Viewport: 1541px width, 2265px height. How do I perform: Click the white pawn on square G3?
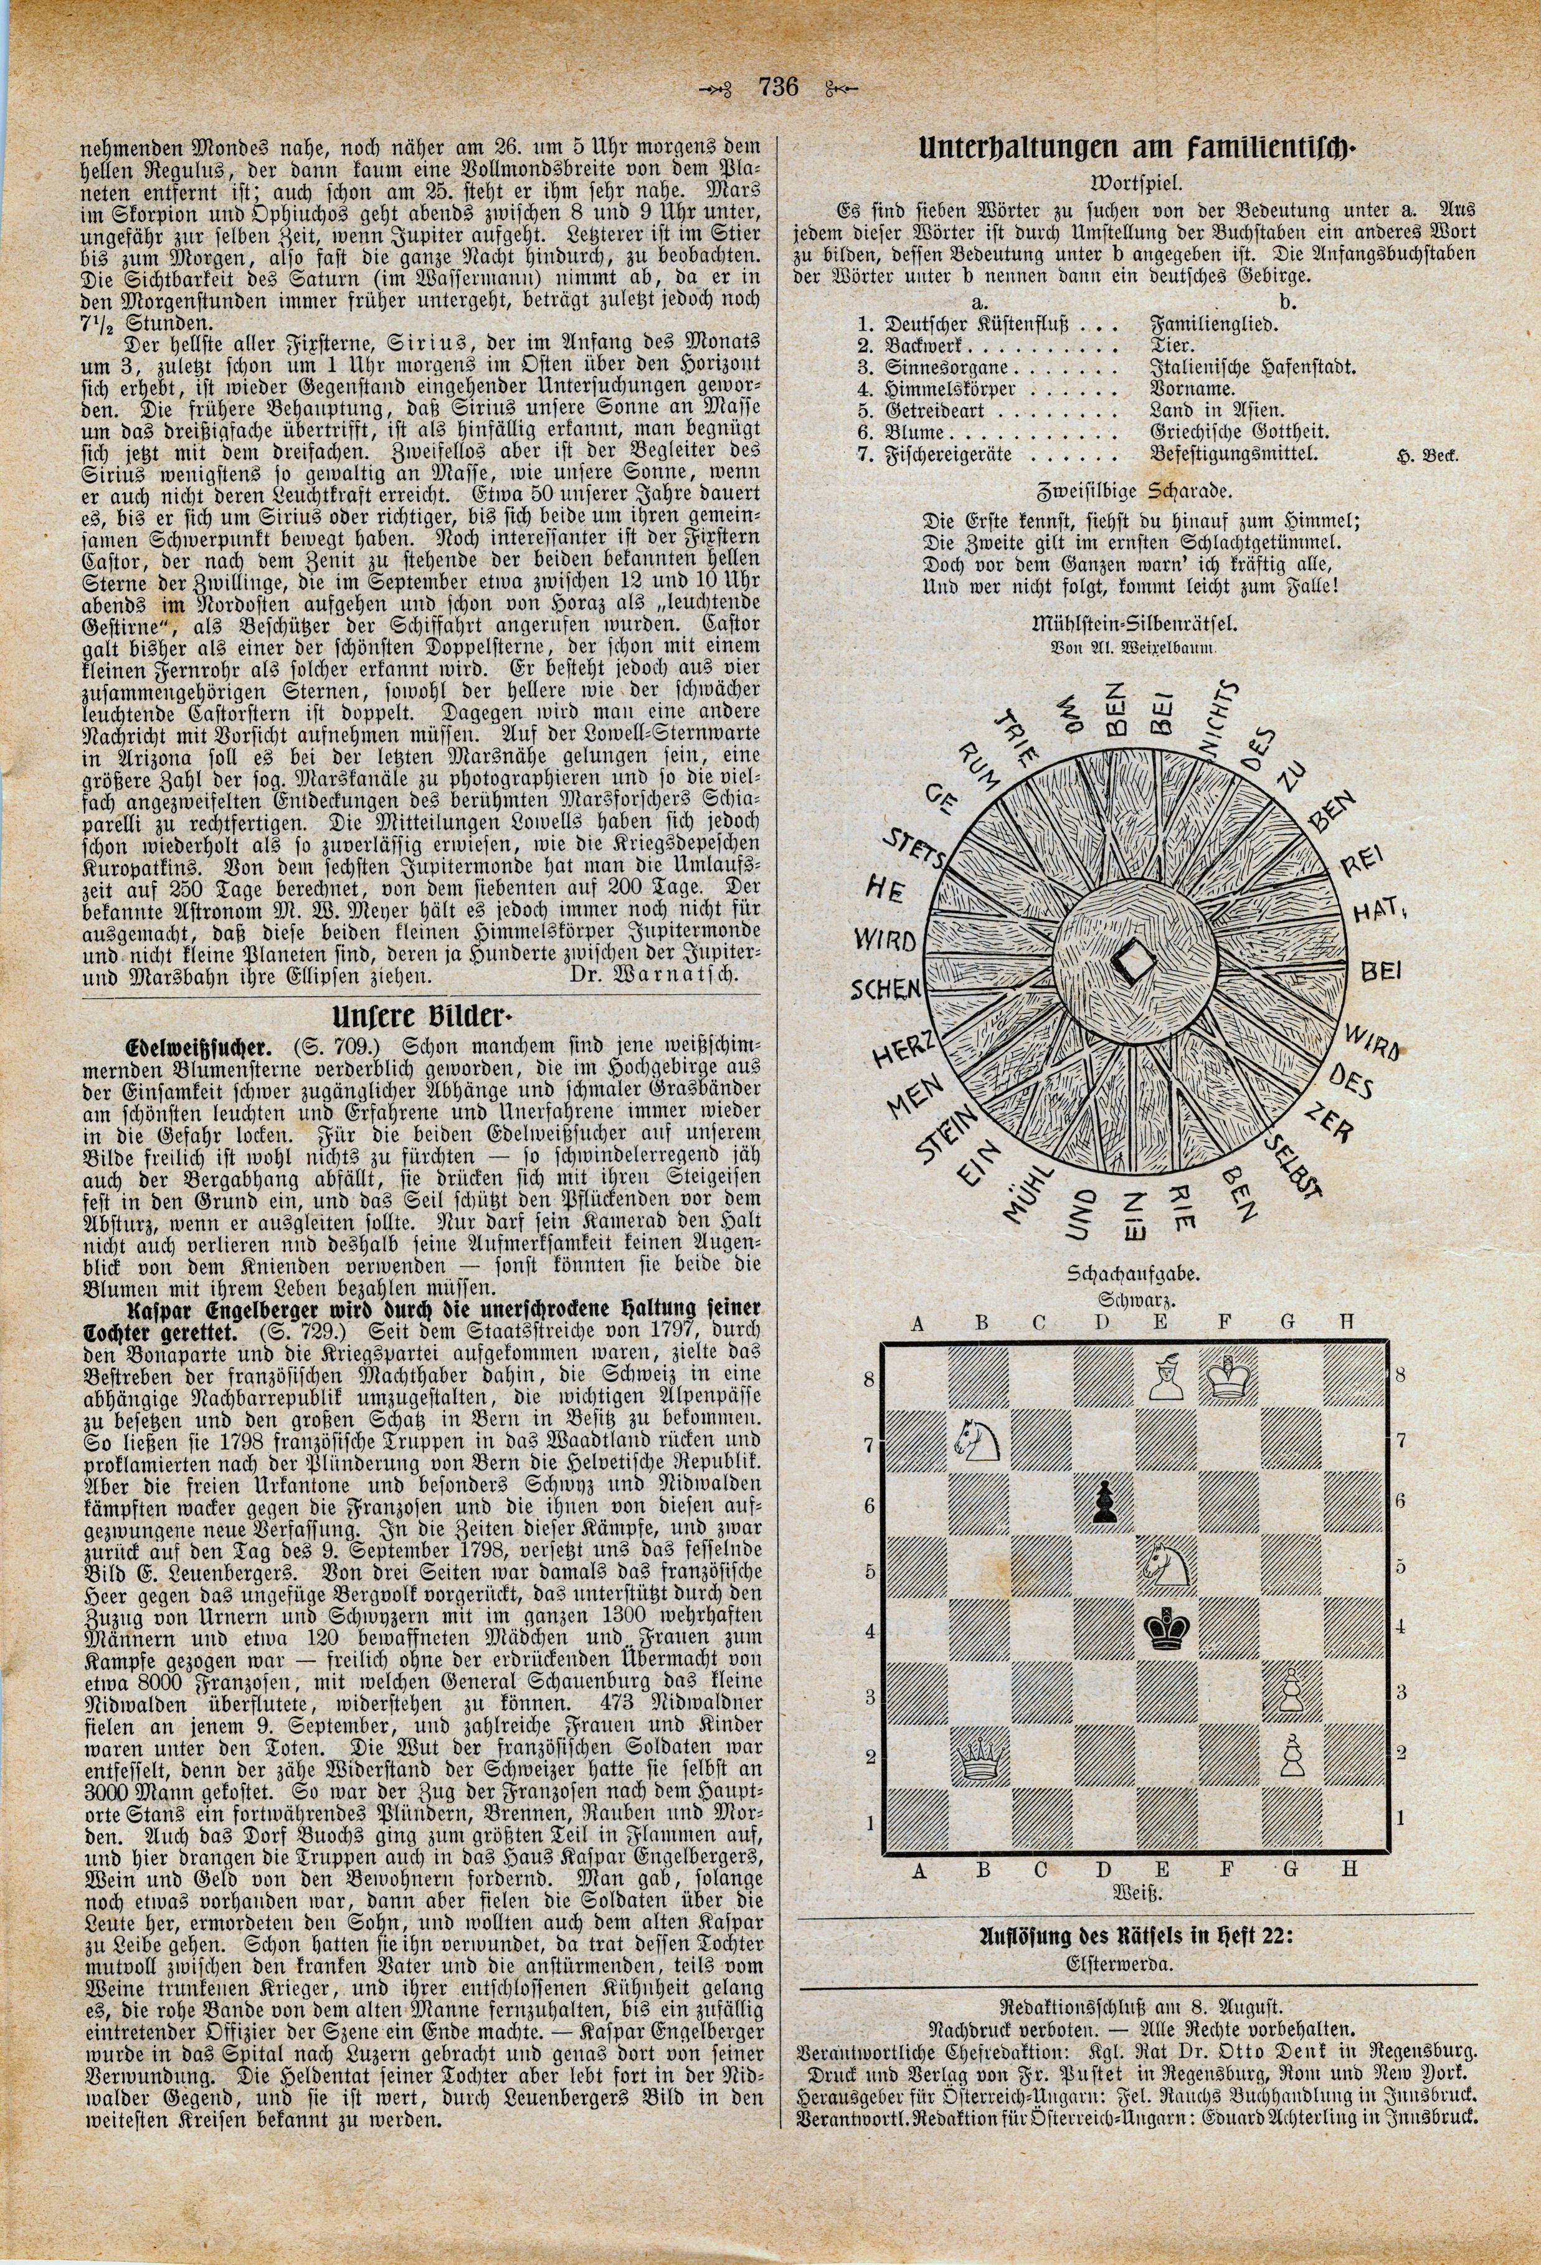(1291, 1694)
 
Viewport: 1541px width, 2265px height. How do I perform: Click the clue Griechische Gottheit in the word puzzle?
(1239, 432)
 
